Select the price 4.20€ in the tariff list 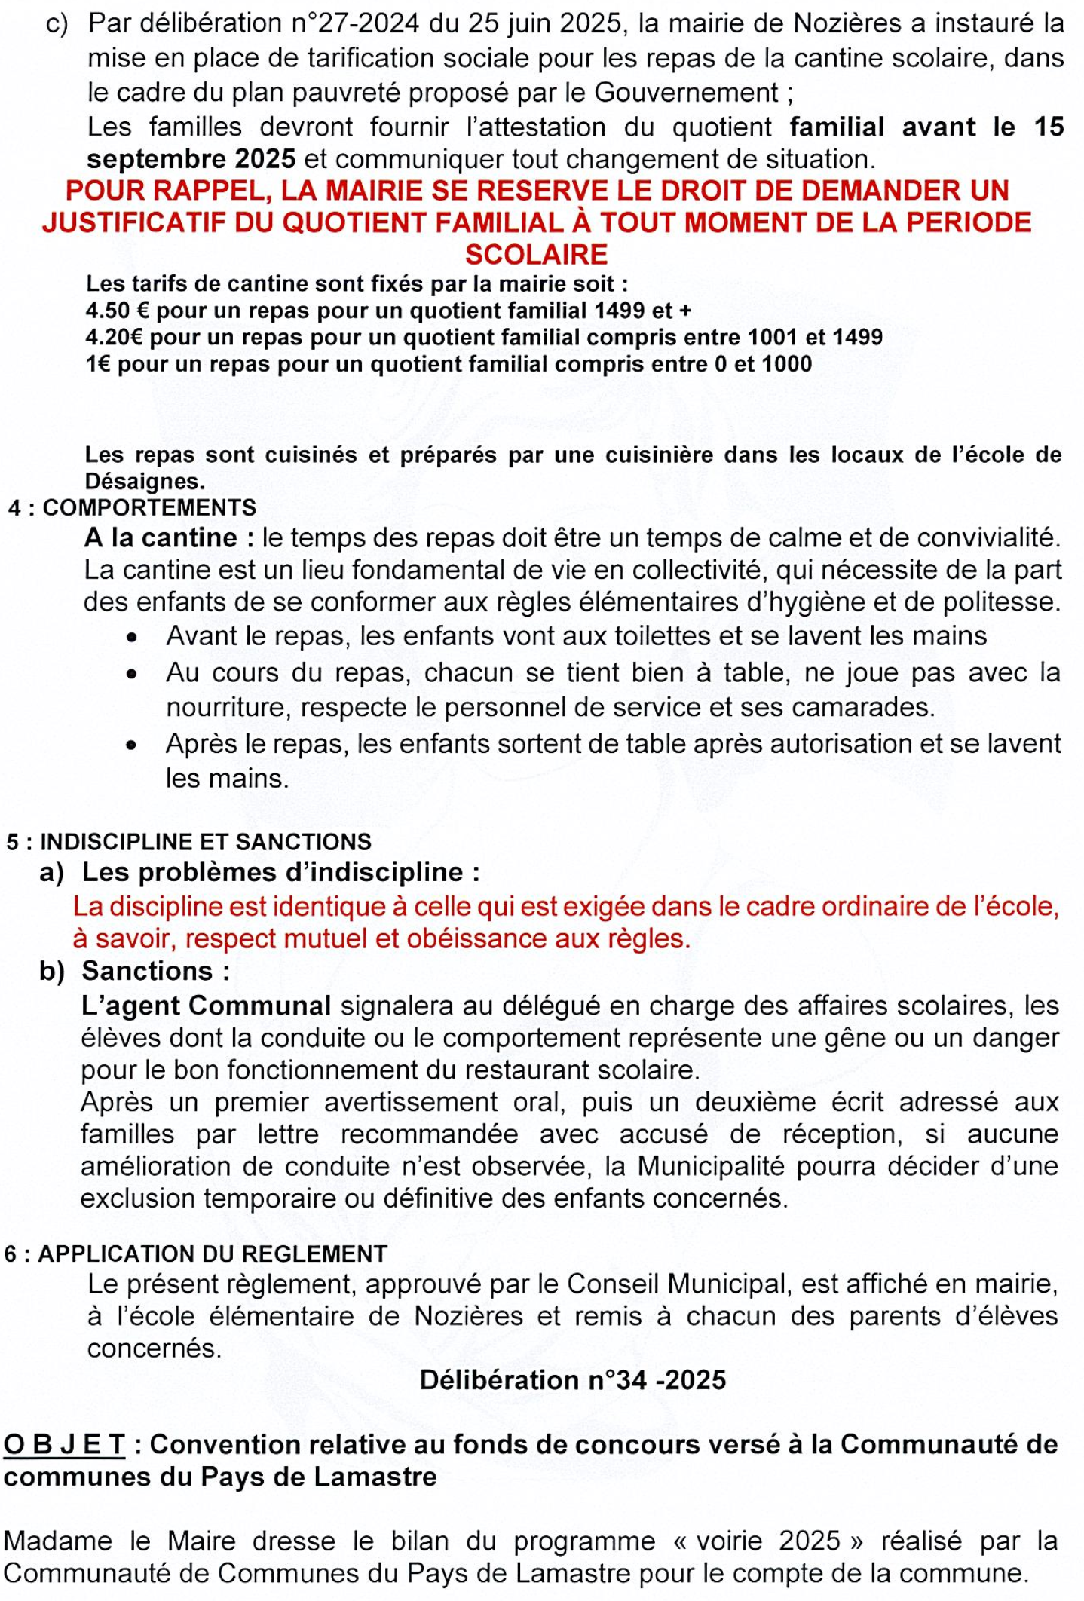click(x=115, y=337)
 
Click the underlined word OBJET click(x=65, y=1445)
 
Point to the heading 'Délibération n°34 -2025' click(x=573, y=1380)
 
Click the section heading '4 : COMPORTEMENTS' click(x=133, y=508)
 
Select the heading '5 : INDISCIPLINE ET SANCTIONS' click(x=189, y=842)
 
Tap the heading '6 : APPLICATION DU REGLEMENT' click(x=196, y=1254)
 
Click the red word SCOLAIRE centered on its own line click(x=536, y=255)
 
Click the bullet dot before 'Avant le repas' click(x=133, y=638)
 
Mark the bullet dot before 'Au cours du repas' click(x=133, y=674)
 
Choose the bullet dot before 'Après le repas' click(x=133, y=745)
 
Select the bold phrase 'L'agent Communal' click(x=206, y=1006)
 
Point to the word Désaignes click(x=145, y=482)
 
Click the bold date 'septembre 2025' click(x=191, y=160)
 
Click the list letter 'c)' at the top click(x=57, y=24)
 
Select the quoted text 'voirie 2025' click(x=768, y=1541)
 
